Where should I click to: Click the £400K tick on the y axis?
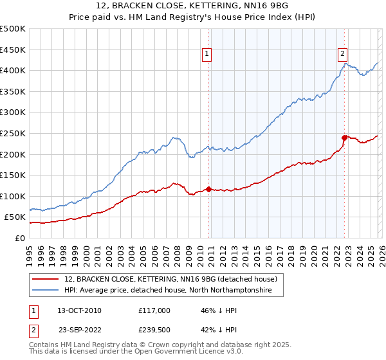pyautogui.click(x=13, y=70)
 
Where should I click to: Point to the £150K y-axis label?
pyautogui.click(x=13, y=175)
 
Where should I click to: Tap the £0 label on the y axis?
pyautogui.click(x=19, y=238)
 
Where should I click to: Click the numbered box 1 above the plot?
pyautogui.click(x=207, y=55)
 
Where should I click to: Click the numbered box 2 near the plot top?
pyautogui.click(x=343, y=55)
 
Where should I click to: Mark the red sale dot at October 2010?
pyautogui.click(x=208, y=189)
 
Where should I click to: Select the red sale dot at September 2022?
pyautogui.click(x=344, y=137)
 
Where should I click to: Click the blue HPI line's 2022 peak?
pyautogui.click(x=345, y=63)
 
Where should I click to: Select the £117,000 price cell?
pyautogui.click(x=154, y=310)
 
